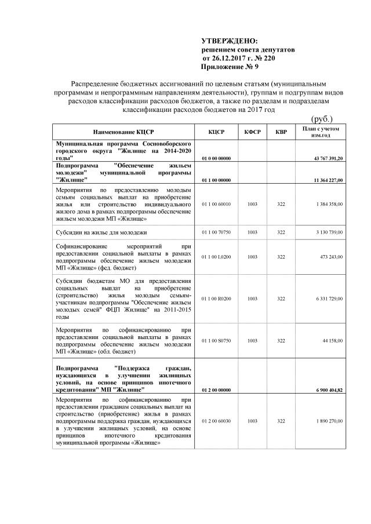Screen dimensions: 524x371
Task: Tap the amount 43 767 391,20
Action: pyautogui.click(x=328, y=158)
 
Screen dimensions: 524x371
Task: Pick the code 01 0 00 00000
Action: pyautogui.click(x=217, y=158)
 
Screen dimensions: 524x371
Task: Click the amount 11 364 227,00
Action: pyautogui.click(x=328, y=180)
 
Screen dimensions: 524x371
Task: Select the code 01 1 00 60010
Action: pyautogui.click(x=217, y=204)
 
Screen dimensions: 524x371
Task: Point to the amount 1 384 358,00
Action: pyautogui.click(x=329, y=204)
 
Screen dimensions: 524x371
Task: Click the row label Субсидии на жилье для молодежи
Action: pyautogui.click(x=101, y=232)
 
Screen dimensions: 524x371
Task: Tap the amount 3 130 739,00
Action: pyautogui.click(x=329, y=232)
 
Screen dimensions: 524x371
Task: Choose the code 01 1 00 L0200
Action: pyautogui.click(x=217, y=257)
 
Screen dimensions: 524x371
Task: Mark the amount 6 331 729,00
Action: pyautogui.click(x=329, y=299)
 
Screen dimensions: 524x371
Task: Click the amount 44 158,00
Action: pyautogui.click(x=332, y=340)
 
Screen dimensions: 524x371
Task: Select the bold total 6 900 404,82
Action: pyautogui.click(x=328, y=390)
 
